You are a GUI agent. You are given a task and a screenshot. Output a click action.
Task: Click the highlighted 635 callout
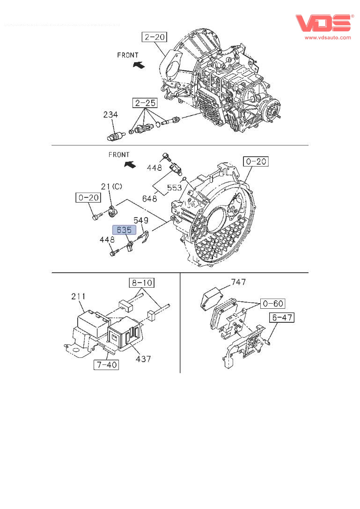124,230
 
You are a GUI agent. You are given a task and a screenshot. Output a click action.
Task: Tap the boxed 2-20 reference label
155,37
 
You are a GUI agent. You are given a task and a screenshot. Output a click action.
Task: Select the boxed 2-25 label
145,103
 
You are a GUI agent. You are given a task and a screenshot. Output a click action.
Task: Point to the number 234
110,115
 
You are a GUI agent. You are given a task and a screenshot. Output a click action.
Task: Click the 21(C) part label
111,186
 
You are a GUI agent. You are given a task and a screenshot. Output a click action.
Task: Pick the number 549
141,220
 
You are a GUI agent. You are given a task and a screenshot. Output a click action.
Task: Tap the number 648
149,198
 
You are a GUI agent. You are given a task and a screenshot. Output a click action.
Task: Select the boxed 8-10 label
142,283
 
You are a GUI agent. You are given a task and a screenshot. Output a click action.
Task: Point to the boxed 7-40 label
106,365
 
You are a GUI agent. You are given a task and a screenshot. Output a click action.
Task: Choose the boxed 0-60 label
273,304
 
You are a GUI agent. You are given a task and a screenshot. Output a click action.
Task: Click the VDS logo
323,23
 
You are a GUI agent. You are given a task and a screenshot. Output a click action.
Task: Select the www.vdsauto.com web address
328,37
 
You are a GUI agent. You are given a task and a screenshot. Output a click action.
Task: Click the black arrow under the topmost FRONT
139,65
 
